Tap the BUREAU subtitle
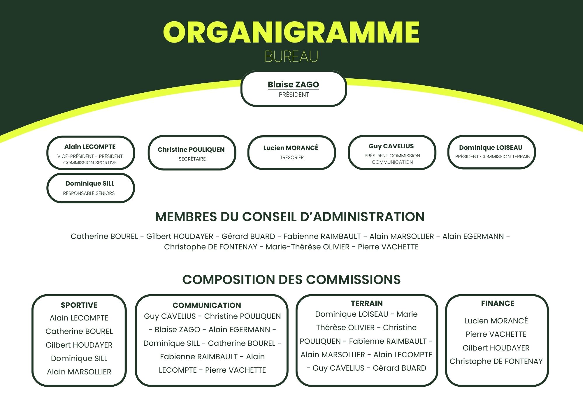(x=291, y=57)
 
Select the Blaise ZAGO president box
(x=294, y=89)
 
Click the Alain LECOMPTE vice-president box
(x=90, y=153)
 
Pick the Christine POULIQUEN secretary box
(x=192, y=153)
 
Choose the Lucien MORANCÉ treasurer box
(x=291, y=152)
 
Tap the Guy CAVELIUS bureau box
(x=392, y=152)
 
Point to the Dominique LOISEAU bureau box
(x=491, y=152)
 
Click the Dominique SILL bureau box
(x=90, y=188)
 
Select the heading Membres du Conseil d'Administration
(x=290, y=217)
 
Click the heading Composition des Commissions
(x=291, y=280)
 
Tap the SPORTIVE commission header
(x=79, y=305)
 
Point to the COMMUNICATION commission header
(x=207, y=305)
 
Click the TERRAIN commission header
(x=367, y=303)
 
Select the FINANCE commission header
(x=497, y=303)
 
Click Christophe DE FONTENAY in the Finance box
(x=496, y=361)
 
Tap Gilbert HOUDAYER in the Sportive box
(x=79, y=345)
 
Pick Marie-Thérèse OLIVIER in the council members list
(x=308, y=247)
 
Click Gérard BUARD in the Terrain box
(x=399, y=368)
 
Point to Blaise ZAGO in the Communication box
(x=177, y=330)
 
